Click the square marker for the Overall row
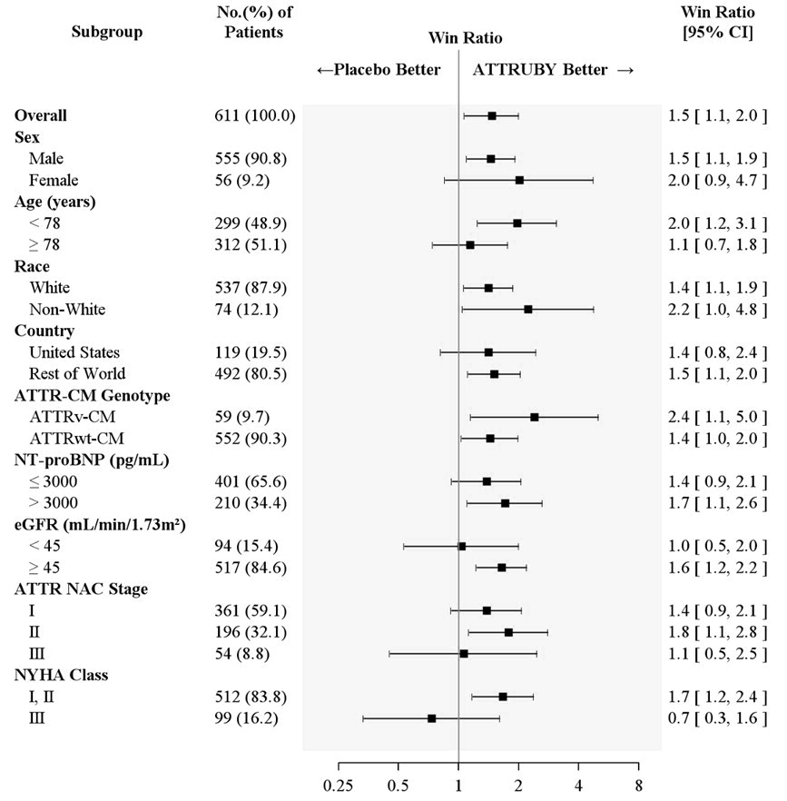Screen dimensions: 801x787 (492, 115)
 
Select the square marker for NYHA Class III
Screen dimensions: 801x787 (432, 718)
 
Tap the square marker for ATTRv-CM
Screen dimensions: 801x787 (535, 417)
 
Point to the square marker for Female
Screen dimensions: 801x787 (519, 180)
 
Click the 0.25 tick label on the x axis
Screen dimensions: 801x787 (339, 784)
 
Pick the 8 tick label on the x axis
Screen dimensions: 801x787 (638, 784)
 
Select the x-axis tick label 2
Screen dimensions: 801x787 (518, 784)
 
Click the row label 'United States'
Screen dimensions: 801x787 (74, 352)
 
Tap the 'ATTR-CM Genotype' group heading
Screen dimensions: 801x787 (80, 395)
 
